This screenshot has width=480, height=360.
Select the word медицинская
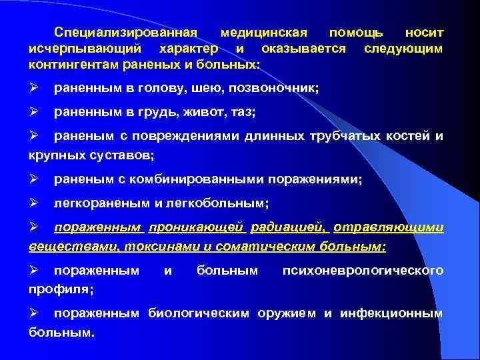pyautogui.click(x=263, y=32)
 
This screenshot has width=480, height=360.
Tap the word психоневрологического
pyautogui.click(x=363, y=271)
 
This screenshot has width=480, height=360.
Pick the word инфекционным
pyautogui.click(x=391, y=313)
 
